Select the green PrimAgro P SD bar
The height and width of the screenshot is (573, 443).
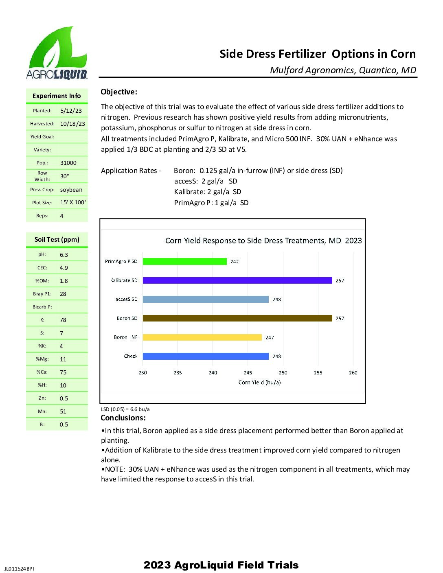[184, 261]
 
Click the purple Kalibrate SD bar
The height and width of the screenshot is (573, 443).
[237, 280]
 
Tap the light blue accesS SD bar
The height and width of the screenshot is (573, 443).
[206, 299]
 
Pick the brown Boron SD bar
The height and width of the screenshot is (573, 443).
[237, 318]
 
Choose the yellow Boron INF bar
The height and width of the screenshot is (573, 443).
[202, 337]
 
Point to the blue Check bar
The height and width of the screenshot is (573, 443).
[206, 356]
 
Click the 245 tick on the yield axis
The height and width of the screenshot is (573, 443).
[248, 372]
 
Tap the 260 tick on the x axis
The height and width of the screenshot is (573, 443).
[353, 372]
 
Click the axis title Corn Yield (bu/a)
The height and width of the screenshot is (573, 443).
[259, 382]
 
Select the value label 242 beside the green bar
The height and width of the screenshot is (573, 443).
[235, 262]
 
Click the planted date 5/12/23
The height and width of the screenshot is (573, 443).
[71, 111]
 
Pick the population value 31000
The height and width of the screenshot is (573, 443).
[68, 163]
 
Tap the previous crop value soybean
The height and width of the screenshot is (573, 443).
[71, 190]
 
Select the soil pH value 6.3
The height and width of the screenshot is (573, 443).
[64, 255]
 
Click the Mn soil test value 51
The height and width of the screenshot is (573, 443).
[63, 411]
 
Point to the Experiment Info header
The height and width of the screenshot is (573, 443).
[57, 96]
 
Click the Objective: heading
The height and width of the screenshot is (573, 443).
[119, 92]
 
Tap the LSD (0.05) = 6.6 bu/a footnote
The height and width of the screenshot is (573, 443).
[125, 409]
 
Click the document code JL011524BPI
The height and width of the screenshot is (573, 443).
[19, 569]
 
